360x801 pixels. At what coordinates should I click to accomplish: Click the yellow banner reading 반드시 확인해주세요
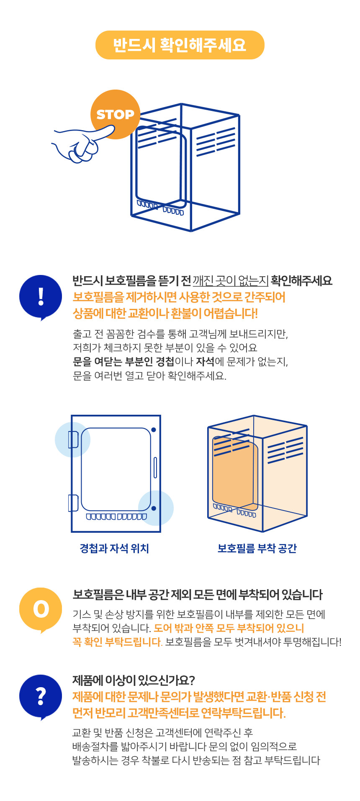point(180,45)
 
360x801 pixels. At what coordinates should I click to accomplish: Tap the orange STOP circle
point(115,114)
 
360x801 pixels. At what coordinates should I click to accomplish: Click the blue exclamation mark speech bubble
point(41,297)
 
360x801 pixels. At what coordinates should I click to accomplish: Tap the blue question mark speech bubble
point(41,697)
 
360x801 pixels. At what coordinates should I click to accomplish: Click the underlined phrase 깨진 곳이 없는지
point(230,280)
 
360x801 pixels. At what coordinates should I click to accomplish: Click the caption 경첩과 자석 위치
point(114,548)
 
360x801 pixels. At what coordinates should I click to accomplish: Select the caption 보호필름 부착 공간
point(257,548)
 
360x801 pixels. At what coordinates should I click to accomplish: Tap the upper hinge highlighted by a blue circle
point(73,439)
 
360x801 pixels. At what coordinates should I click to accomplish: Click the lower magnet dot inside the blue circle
point(154,508)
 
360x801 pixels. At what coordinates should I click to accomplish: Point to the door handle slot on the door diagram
point(155,467)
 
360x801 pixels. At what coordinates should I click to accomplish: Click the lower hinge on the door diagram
point(73,503)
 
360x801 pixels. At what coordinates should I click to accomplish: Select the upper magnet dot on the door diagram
point(154,430)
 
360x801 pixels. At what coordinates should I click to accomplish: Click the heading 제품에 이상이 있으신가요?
point(134,680)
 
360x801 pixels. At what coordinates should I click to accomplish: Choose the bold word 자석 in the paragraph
point(205,361)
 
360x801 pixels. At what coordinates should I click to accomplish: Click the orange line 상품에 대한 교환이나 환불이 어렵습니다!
point(165,313)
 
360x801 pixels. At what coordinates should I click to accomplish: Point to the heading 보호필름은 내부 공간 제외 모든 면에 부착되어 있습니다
point(198,594)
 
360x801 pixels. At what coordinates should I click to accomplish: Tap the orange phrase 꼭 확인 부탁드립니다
point(117,642)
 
